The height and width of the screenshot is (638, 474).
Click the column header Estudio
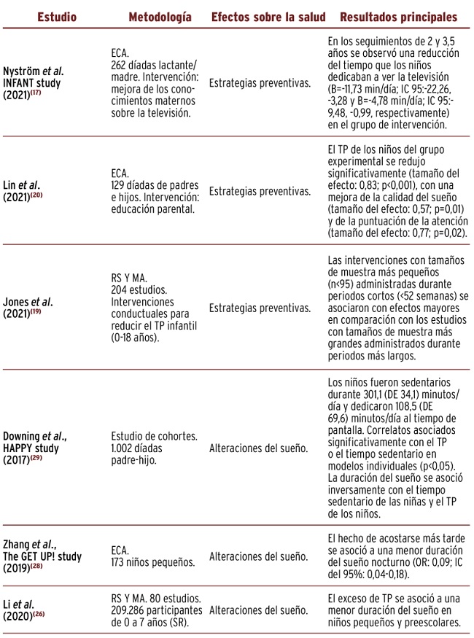pyautogui.click(x=55, y=17)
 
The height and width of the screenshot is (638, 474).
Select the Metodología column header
pyautogui.click(x=160, y=17)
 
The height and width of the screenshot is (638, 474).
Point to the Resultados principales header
pyautogui.click(x=398, y=17)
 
